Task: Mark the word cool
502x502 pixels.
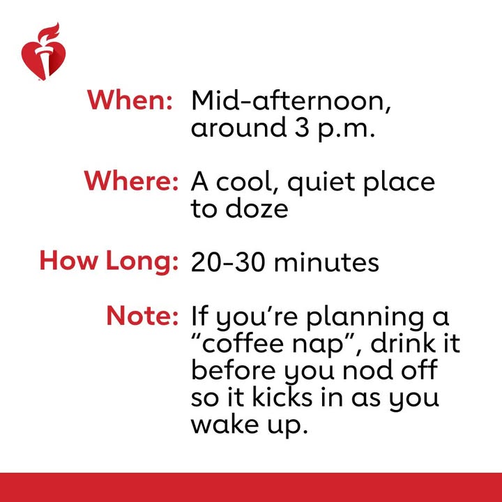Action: (248, 182)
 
